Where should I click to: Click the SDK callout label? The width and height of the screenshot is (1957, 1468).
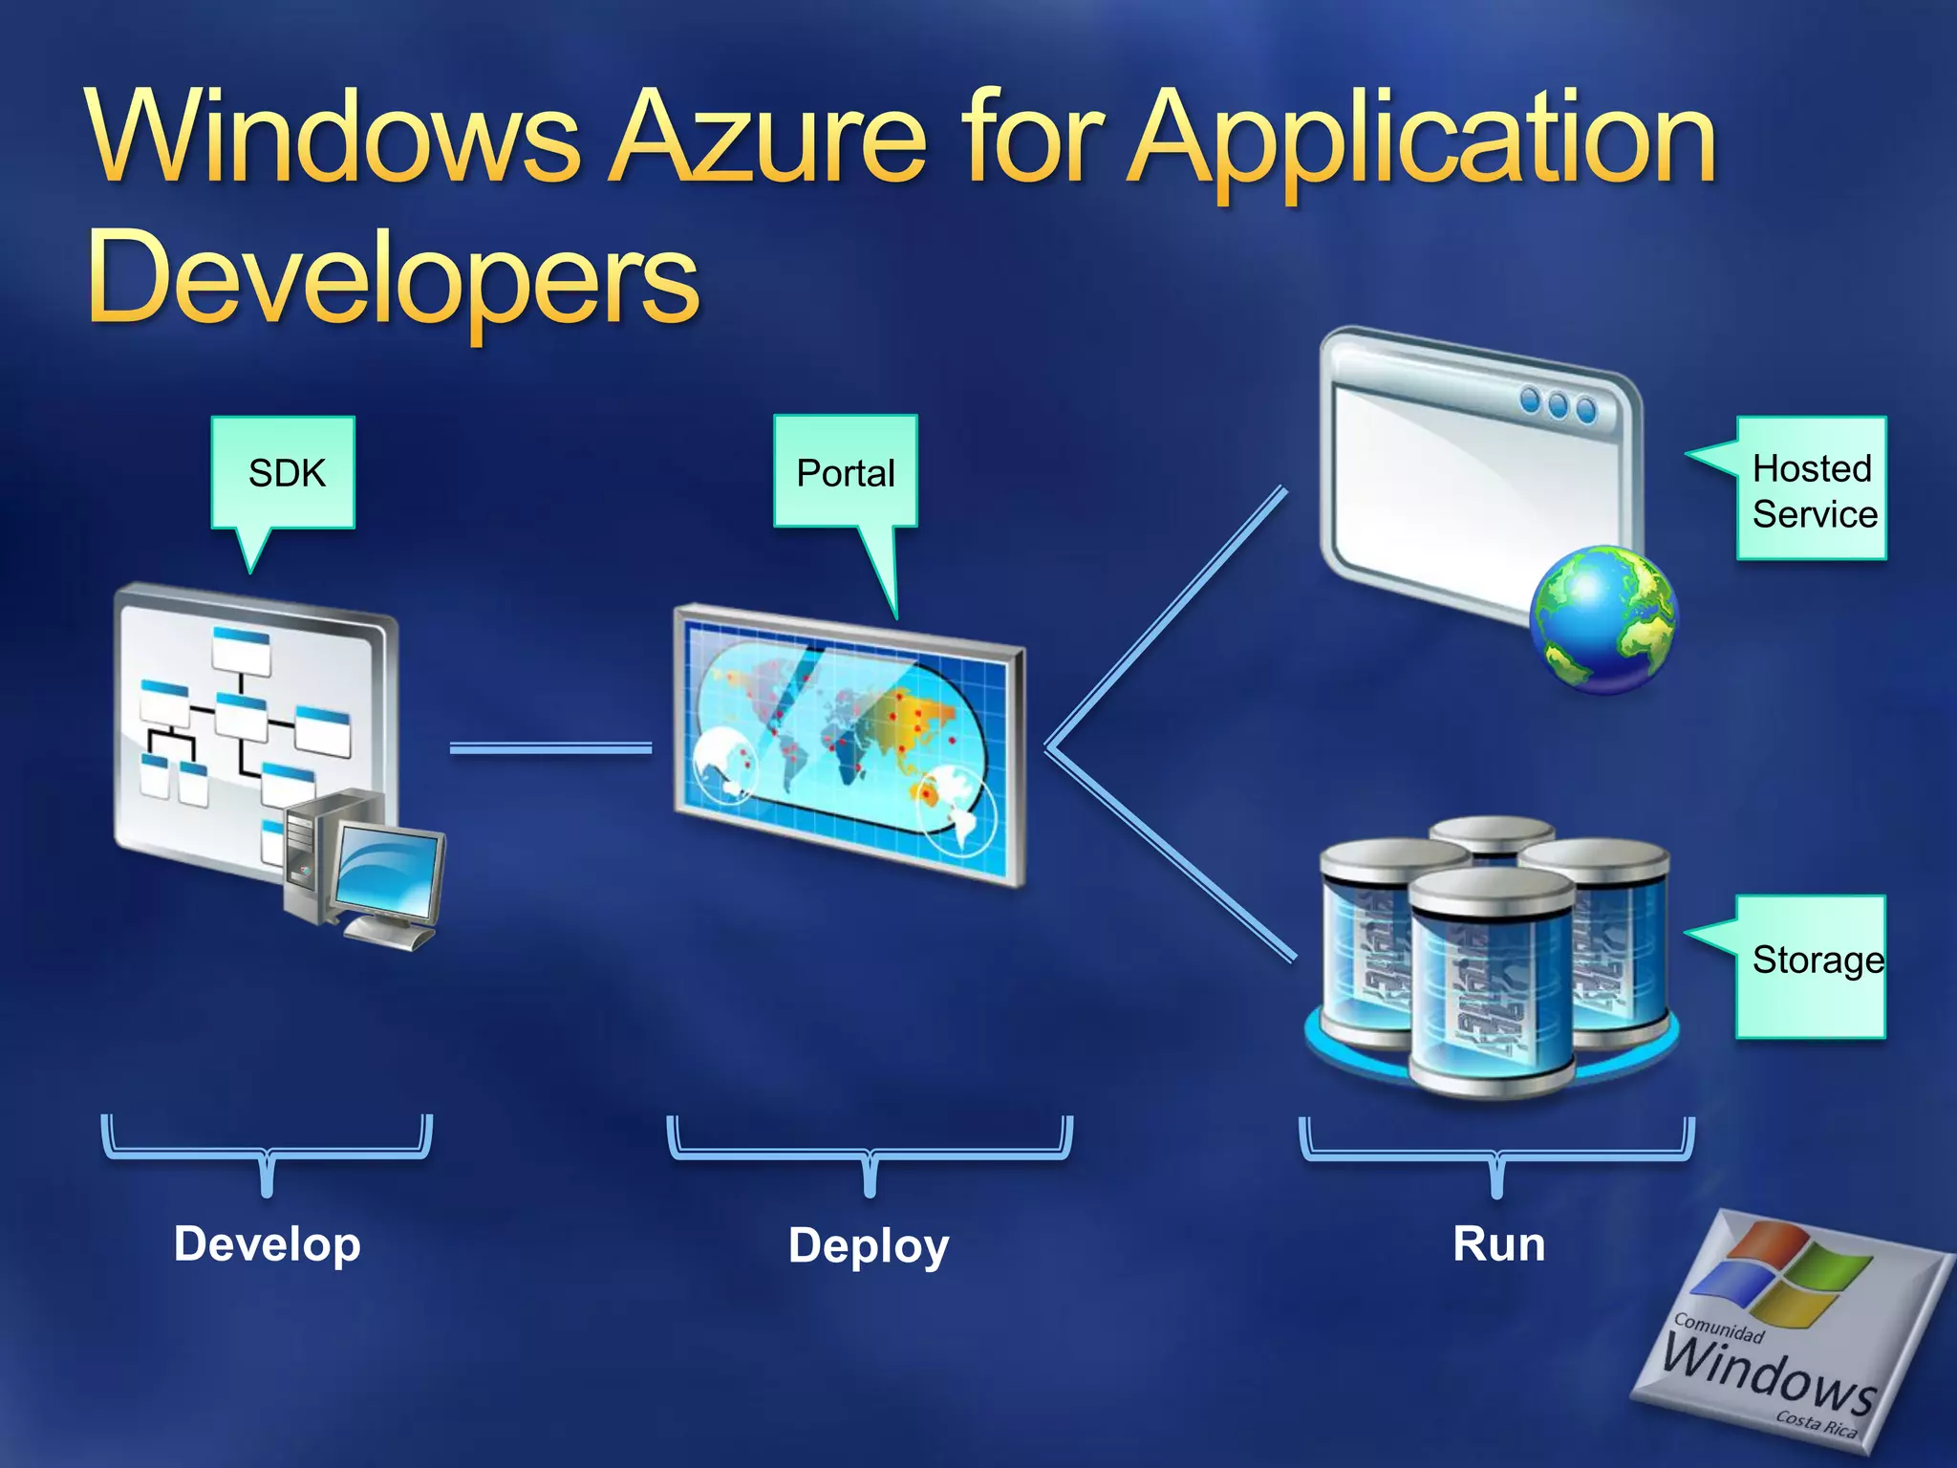284,473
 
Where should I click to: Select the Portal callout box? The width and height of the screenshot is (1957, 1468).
846,472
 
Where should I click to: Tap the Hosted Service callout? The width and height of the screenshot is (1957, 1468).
1812,489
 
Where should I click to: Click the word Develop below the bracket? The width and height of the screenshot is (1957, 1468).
268,1244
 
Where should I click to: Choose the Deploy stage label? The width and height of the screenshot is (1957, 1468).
869,1246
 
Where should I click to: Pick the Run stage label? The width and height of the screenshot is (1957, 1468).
1498,1244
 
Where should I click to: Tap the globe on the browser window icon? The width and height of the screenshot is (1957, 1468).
1602,618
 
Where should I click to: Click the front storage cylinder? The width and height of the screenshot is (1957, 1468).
1491,984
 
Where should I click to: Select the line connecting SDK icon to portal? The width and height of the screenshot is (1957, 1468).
550,748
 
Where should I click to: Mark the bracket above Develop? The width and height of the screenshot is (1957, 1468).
268,1151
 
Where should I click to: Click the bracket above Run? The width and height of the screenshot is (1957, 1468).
1496,1153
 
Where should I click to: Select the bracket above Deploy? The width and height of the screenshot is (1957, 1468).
870,1152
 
